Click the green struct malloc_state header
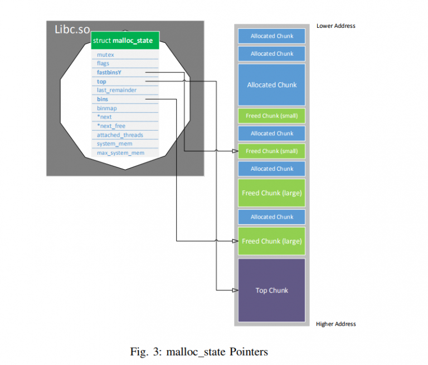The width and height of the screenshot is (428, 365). tap(125, 41)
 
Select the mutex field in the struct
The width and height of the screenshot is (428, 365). tap(105, 55)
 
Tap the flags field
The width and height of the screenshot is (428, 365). tap(103, 63)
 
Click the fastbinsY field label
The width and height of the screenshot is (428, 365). tap(109, 72)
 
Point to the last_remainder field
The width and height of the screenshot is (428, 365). tap(116, 90)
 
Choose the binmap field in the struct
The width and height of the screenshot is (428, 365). tap(107, 108)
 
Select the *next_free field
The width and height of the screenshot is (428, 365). tap(111, 126)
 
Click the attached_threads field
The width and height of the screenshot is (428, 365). tap(120, 135)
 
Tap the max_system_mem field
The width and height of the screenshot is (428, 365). tap(120, 152)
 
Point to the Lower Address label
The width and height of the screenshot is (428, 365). tap(335, 26)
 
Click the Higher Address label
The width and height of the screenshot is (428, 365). tap(335, 324)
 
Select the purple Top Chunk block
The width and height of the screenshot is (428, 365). tap(271, 290)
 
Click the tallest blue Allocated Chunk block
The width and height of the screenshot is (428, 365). tap(271, 85)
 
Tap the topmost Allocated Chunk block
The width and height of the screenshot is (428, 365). tap(271, 36)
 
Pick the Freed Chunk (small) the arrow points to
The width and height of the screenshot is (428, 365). tap(271, 151)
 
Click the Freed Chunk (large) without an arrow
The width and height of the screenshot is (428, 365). tap(271, 193)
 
